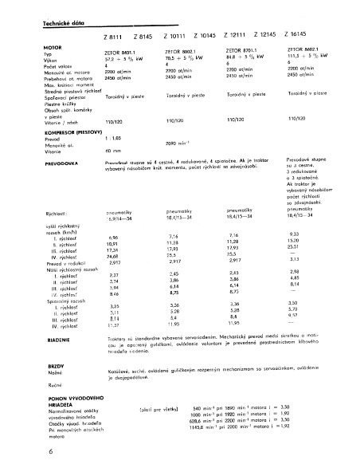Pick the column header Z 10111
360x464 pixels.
coord(175,37)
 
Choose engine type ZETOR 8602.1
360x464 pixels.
coord(305,49)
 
